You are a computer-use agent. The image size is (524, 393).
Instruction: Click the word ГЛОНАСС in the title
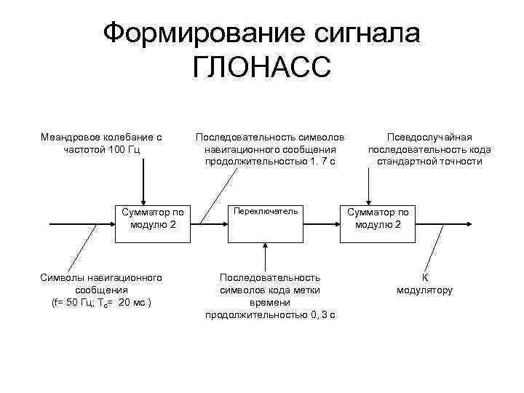pyautogui.click(x=261, y=68)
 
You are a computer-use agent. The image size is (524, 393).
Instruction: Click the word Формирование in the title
pyautogui.click(x=193, y=33)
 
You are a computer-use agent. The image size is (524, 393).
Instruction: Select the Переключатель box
pyautogui.click(x=264, y=223)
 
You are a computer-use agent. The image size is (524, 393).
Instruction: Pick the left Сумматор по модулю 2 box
pyautogui.click(x=154, y=223)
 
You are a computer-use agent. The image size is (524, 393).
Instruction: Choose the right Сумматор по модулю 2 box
pyautogui.click(x=378, y=223)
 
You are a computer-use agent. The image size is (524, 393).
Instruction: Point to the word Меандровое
pyautogui.click(x=72, y=137)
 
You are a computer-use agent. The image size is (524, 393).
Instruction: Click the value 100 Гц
pyautogui.click(x=123, y=149)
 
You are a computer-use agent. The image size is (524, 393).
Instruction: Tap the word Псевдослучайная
pyautogui.click(x=429, y=137)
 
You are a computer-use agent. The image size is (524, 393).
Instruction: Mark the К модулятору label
pyautogui.click(x=425, y=284)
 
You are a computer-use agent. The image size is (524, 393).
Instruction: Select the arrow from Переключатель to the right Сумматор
pyautogui.click(x=320, y=223)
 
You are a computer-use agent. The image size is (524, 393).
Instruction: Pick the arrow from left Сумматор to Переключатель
pyautogui.click(x=209, y=223)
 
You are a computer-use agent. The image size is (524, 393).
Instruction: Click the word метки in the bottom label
pyautogui.click(x=309, y=290)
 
